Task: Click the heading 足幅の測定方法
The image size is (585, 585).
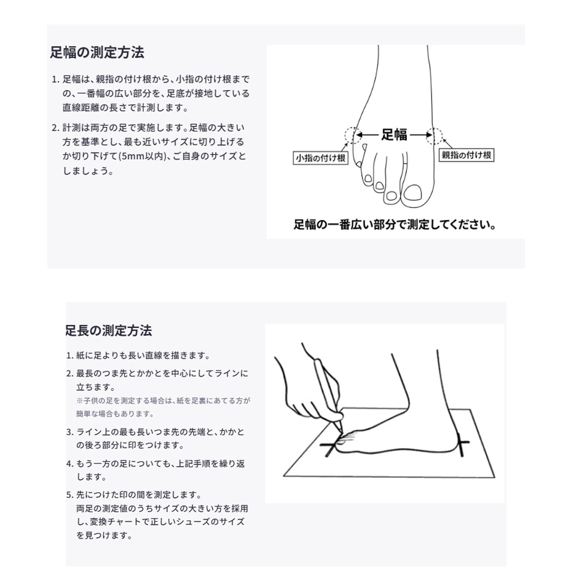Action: click(97, 52)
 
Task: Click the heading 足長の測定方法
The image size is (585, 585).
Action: click(109, 331)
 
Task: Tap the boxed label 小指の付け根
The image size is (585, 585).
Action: click(320, 158)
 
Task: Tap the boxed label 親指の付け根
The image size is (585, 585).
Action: click(466, 155)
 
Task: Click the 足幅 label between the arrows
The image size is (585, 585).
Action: click(394, 135)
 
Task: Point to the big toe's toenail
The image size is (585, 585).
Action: click(413, 192)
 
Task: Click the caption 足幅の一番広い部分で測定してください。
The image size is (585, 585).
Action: click(395, 225)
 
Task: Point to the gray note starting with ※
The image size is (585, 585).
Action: click(163, 407)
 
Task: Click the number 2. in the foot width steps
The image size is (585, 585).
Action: click(56, 128)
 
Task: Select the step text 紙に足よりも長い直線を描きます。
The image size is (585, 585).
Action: click(143, 355)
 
